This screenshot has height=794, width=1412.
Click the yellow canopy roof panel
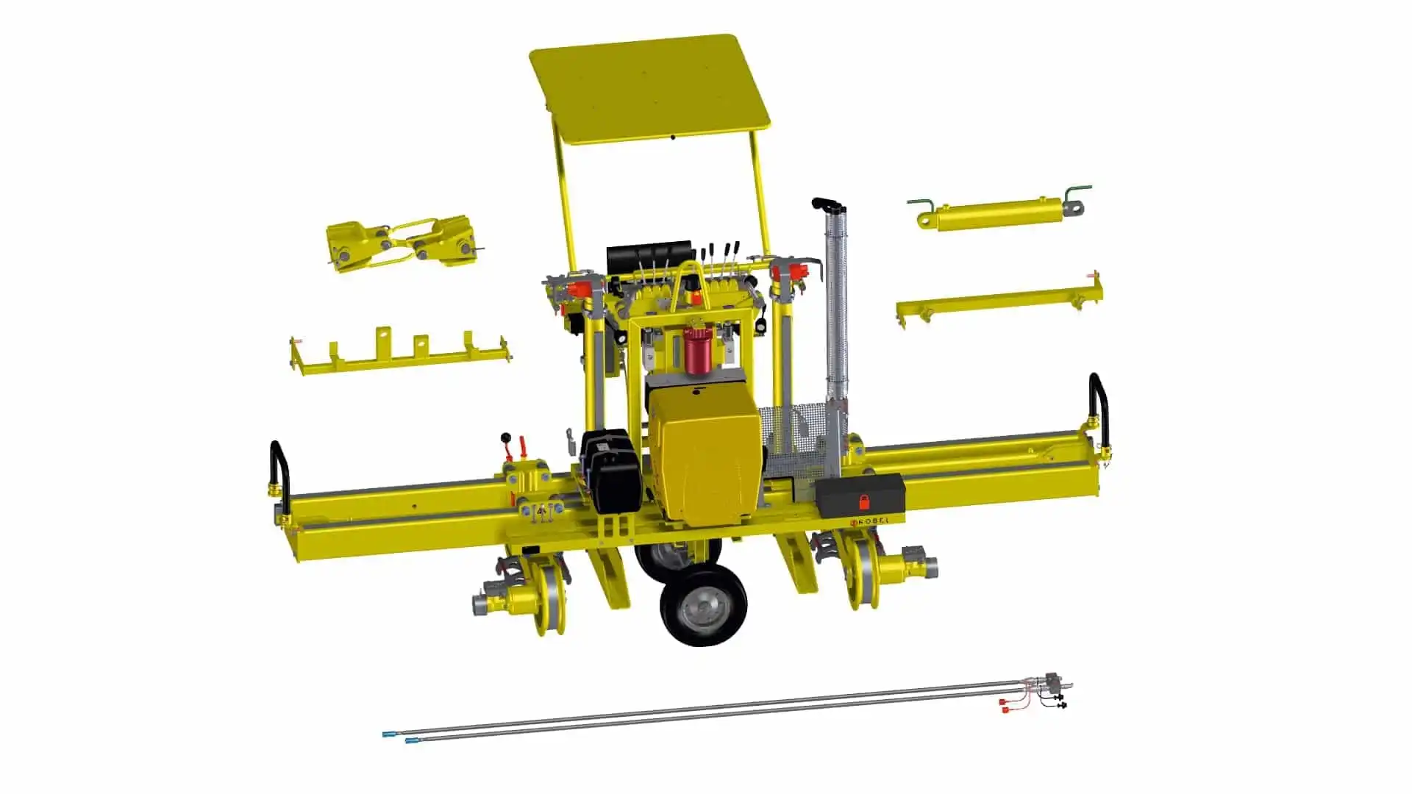tap(649, 88)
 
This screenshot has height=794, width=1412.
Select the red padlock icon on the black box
tap(863, 503)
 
